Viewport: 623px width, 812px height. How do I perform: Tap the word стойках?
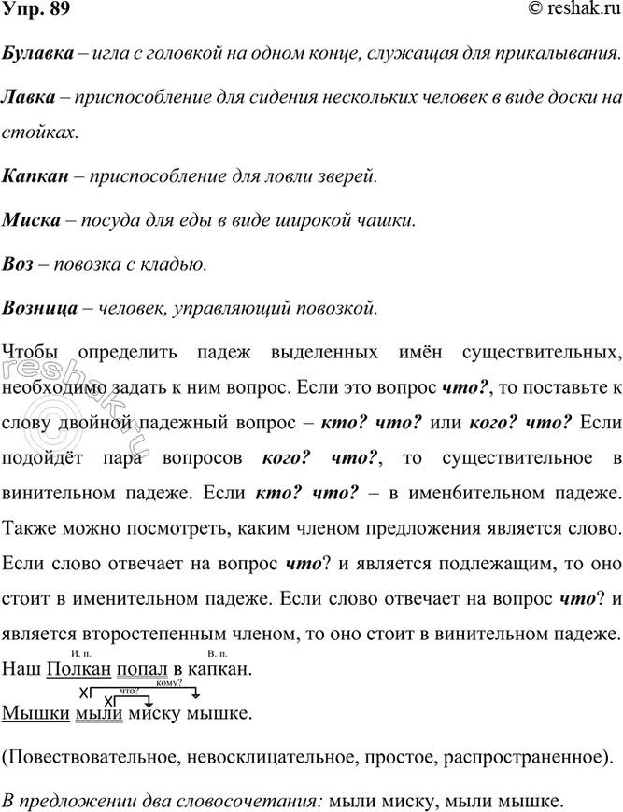[38, 132]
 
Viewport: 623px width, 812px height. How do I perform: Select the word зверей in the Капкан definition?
[345, 175]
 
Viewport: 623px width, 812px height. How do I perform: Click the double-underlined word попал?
[144, 669]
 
